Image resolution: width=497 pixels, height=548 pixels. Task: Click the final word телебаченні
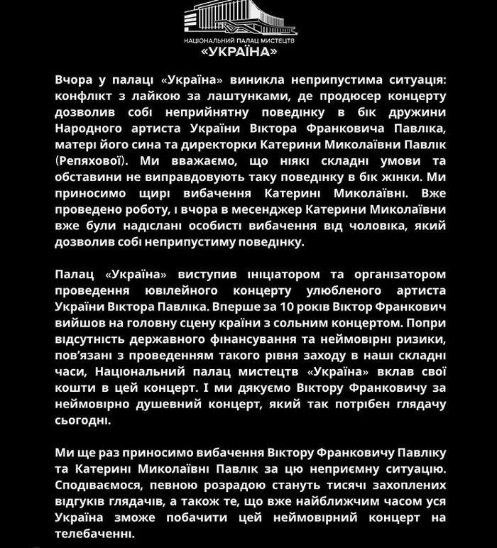point(94,533)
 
